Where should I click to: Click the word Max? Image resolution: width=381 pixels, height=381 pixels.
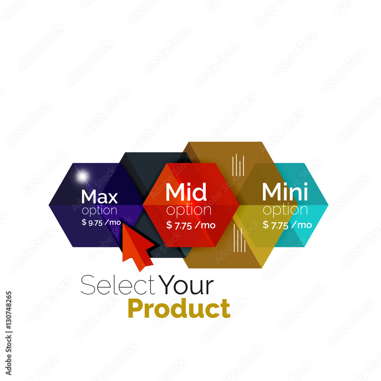pyautogui.click(x=99, y=196)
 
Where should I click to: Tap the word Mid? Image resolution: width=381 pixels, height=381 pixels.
pyautogui.click(x=186, y=192)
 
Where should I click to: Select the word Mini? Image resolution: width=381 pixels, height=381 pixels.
pyautogui.click(x=285, y=192)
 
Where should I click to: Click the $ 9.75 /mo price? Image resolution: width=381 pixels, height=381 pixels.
pyautogui.click(x=101, y=222)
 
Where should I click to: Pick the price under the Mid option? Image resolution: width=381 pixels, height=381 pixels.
pyautogui.click(x=191, y=225)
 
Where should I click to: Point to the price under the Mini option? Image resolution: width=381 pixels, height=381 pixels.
pyautogui.click(x=287, y=225)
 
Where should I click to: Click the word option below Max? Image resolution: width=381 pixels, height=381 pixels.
pyautogui.click(x=99, y=210)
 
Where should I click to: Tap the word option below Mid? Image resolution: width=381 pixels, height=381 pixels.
pyautogui.click(x=189, y=210)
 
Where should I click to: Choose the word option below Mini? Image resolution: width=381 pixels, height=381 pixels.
pyautogui.click(x=285, y=210)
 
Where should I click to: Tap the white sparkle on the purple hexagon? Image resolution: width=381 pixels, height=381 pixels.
pyautogui.click(x=82, y=176)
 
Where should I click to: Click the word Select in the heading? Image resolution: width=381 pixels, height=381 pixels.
pyautogui.click(x=118, y=285)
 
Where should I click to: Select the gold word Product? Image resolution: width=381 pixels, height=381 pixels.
pyautogui.click(x=179, y=308)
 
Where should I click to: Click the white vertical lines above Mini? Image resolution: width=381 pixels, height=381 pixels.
pyautogui.click(x=238, y=165)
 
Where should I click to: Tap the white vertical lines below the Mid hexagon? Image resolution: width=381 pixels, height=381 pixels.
pyautogui.click(x=240, y=238)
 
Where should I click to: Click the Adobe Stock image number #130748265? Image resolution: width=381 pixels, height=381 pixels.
pyautogui.click(x=9, y=311)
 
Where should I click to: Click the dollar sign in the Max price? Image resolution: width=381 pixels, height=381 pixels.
pyautogui.click(x=84, y=222)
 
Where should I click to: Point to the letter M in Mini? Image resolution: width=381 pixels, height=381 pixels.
pyautogui.click(x=272, y=192)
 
